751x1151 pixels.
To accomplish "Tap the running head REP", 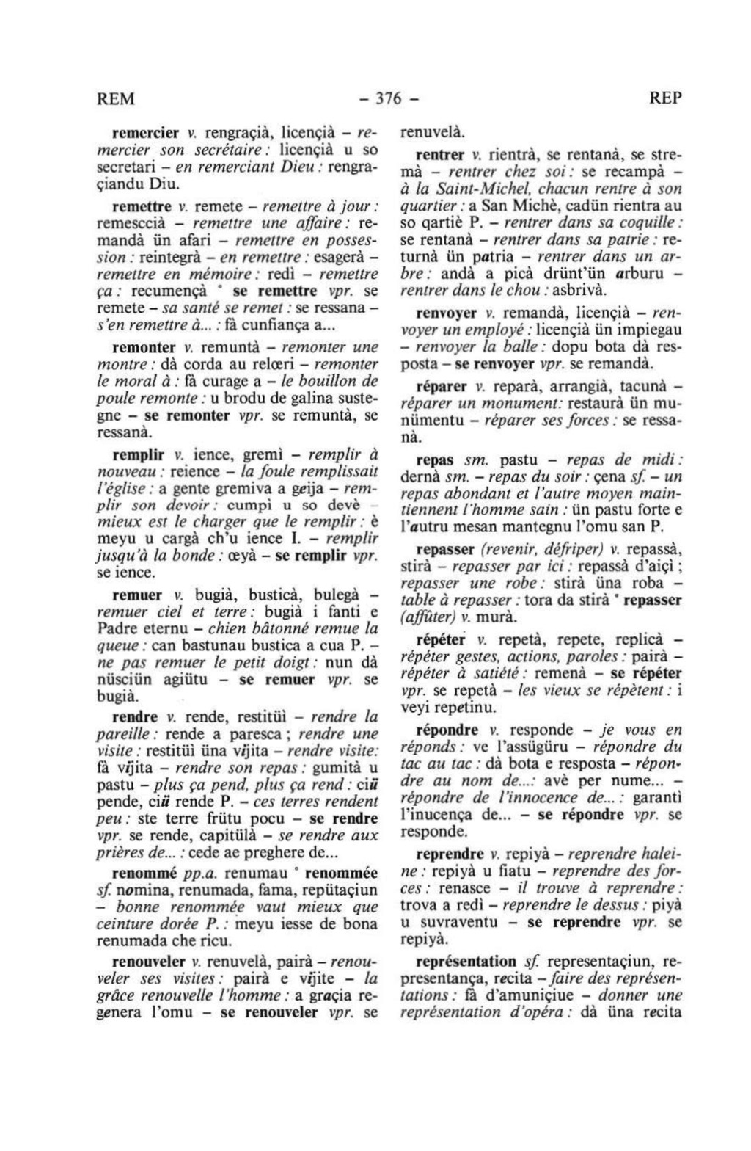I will pyautogui.click(x=665, y=98).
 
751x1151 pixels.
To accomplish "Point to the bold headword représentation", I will pyautogui.click(x=466, y=962).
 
